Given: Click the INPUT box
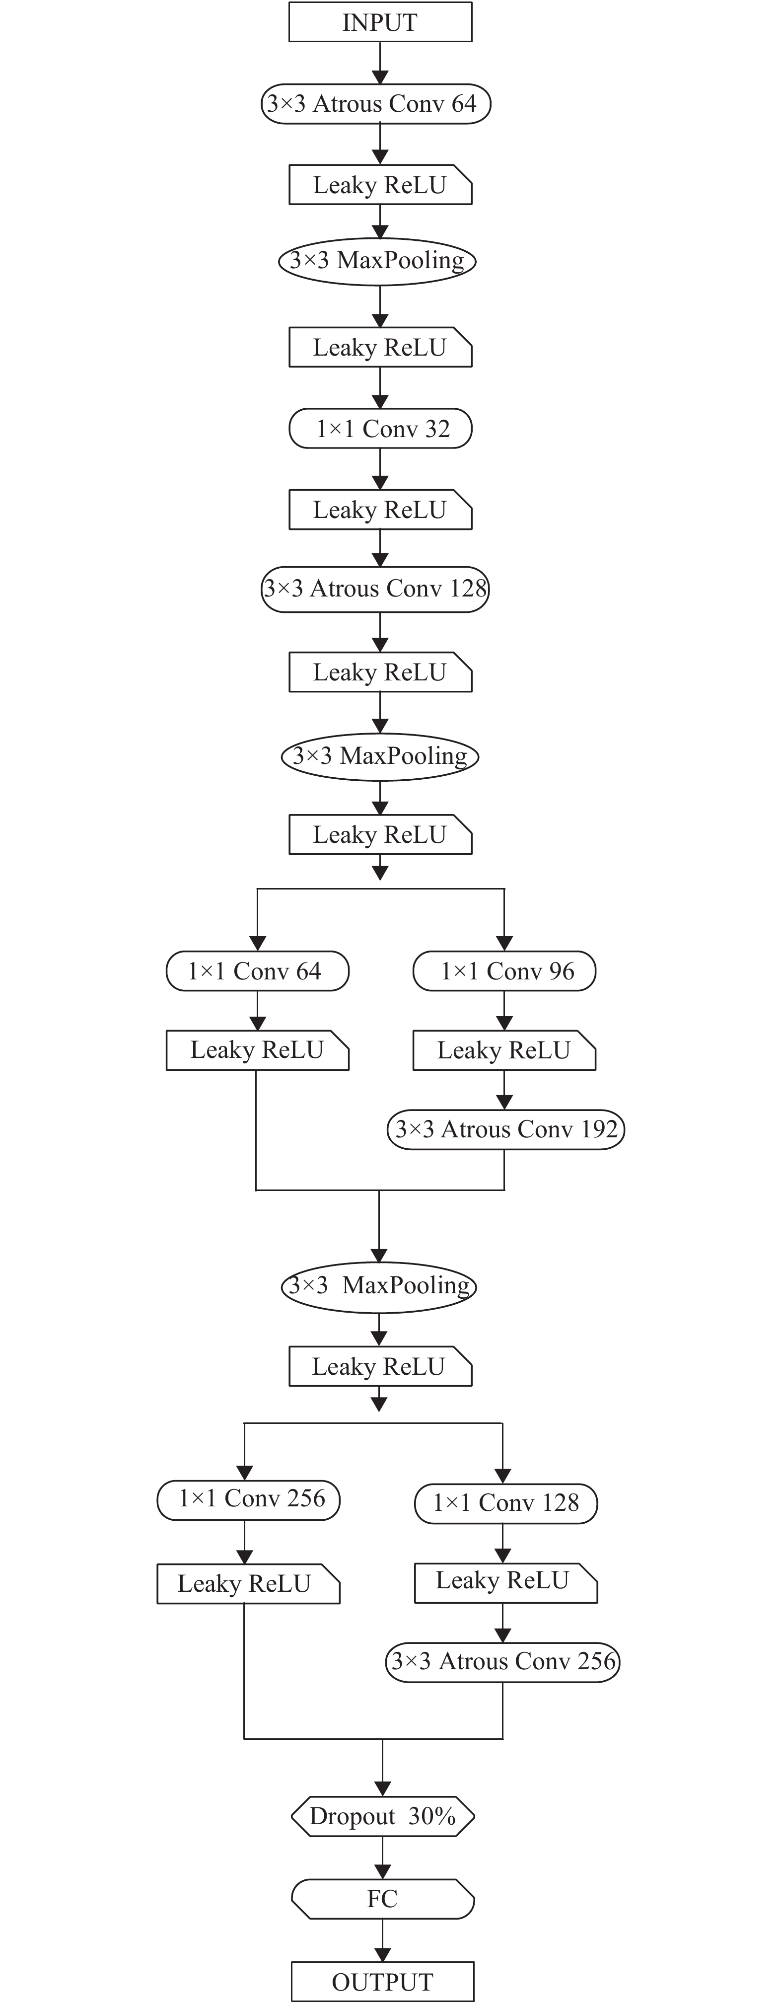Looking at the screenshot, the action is [380, 22].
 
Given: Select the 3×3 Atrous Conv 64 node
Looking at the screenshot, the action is [376, 103].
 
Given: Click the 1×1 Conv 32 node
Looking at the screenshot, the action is [380, 429].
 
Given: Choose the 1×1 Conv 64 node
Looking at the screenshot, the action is [257, 971].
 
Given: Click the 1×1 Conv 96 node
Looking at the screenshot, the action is [504, 971].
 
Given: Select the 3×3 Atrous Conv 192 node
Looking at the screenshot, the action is [506, 1129].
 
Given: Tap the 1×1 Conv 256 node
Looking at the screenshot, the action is [249, 1499].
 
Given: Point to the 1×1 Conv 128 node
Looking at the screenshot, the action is [506, 1503].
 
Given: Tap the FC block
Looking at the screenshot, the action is [382, 1899].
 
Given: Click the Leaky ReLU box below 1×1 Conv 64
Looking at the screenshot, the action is [257, 1050].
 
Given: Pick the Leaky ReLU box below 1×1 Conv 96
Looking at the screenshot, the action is [504, 1050].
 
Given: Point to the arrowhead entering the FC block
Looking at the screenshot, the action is [382, 1872].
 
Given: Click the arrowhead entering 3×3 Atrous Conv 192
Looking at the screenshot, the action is [504, 1102].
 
